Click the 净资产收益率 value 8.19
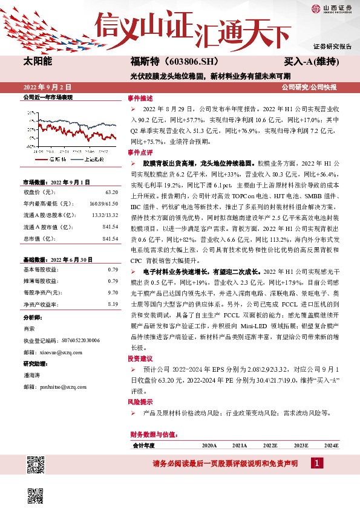pos(112,304)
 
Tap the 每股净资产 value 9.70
pos(112,293)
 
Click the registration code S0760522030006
pos(74,340)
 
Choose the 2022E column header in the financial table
pos(270,445)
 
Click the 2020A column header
pos(209,445)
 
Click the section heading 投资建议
pos(140,358)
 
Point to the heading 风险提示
pos(140,401)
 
